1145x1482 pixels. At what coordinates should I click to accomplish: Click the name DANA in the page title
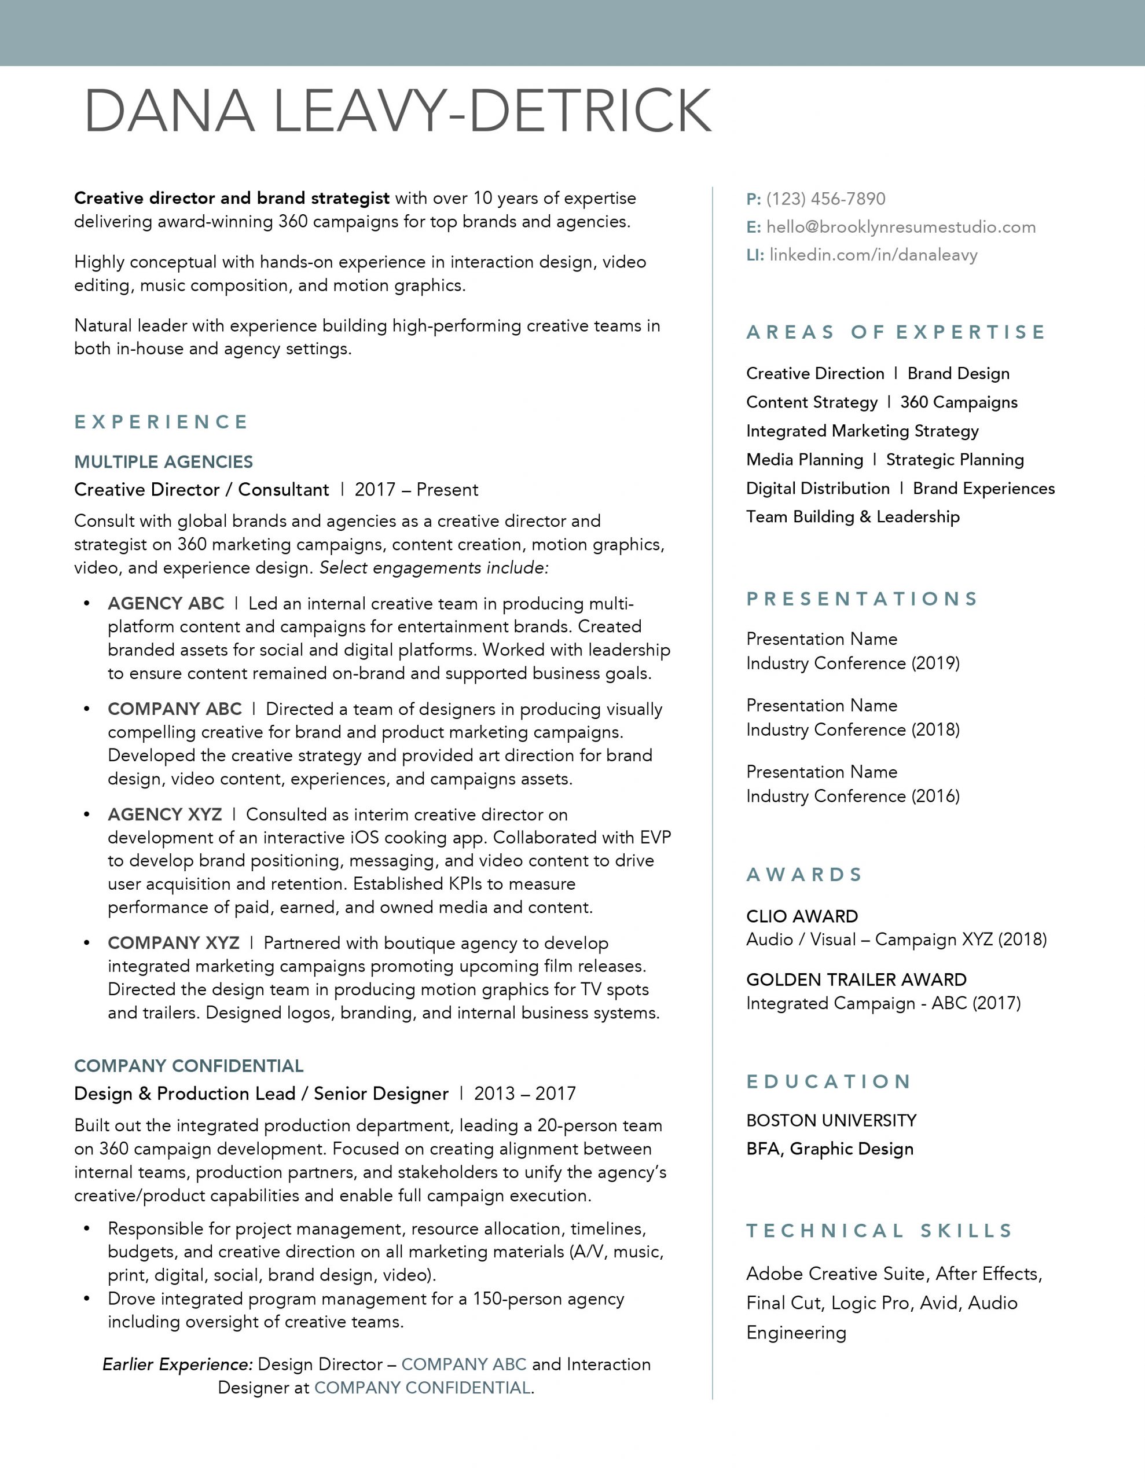pyautogui.click(x=170, y=110)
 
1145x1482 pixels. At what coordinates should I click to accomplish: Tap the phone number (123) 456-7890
pyautogui.click(x=825, y=199)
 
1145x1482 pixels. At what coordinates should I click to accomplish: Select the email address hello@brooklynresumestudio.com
pyautogui.click(x=901, y=228)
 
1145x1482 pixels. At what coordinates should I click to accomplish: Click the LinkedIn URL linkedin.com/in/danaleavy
pyautogui.click(x=873, y=255)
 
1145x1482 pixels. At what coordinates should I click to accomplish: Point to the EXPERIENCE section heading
pyautogui.click(x=162, y=422)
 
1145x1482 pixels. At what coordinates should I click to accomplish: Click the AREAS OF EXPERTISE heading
pyautogui.click(x=896, y=332)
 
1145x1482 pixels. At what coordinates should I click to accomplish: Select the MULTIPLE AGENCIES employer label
pyautogui.click(x=164, y=462)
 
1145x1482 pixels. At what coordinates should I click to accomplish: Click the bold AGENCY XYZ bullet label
pyautogui.click(x=165, y=815)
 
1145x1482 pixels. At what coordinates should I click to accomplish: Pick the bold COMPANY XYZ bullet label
pyautogui.click(x=174, y=942)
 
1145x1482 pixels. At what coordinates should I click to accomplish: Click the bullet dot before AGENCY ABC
pyautogui.click(x=86, y=603)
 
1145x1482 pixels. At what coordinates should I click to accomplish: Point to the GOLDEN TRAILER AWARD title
pyautogui.click(x=856, y=980)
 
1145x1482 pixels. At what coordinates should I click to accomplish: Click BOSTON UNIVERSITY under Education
pyautogui.click(x=831, y=1120)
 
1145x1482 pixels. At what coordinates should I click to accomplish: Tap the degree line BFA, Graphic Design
pyautogui.click(x=830, y=1149)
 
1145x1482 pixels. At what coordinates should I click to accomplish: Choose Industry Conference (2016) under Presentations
pyautogui.click(x=853, y=796)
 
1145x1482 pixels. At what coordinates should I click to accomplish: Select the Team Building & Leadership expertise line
pyautogui.click(x=853, y=517)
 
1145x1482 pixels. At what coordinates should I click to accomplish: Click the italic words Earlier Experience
pyautogui.click(x=178, y=1364)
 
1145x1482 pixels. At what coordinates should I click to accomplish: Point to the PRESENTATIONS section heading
pyautogui.click(x=862, y=599)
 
